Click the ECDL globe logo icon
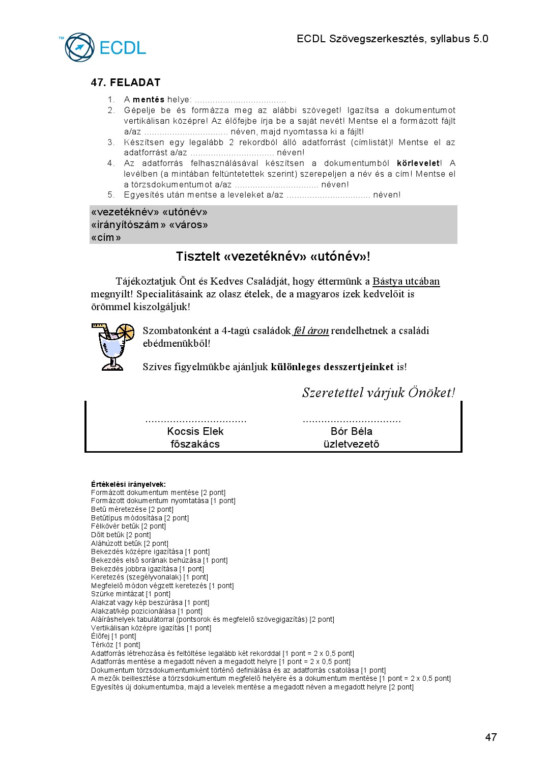click(x=79, y=47)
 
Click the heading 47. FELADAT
click(x=126, y=82)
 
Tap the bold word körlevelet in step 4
click(x=418, y=163)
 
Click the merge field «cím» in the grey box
click(x=106, y=238)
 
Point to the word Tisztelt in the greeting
click(x=197, y=257)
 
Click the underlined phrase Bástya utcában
click(x=406, y=282)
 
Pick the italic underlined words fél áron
click(x=311, y=331)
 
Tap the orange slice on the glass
click(x=125, y=332)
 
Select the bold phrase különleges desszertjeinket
click(x=332, y=367)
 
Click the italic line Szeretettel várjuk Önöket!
click(x=378, y=393)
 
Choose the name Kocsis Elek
click(x=195, y=431)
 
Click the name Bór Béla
click(x=351, y=431)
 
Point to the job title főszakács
click(x=195, y=444)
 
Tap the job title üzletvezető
click(x=351, y=444)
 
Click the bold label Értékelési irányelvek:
click(x=128, y=484)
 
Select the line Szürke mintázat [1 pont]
click(x=131, y=594)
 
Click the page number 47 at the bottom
click(x=491, y=737)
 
